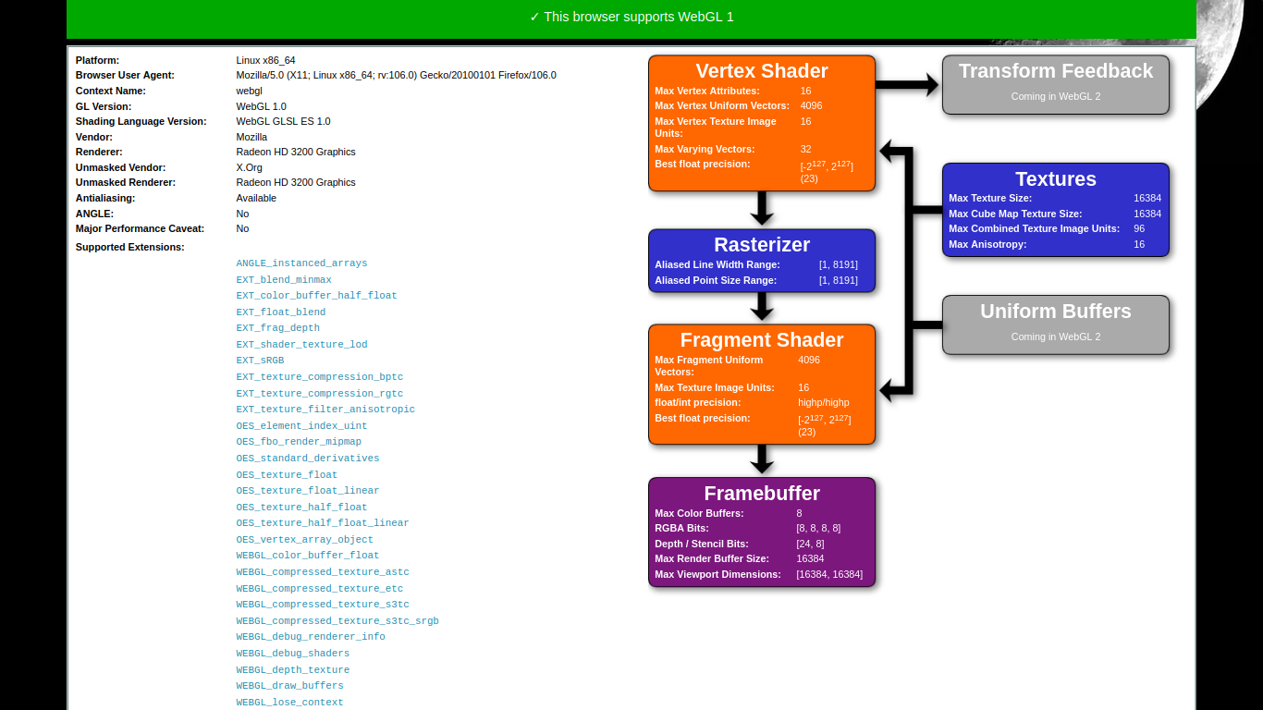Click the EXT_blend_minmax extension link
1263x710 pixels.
coord(284,280)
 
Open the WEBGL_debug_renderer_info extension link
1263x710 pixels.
coord(311,637)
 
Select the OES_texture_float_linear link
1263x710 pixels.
coord(307,491)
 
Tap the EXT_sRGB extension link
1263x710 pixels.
coord(260,361)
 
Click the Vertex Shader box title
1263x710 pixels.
coord(762,71)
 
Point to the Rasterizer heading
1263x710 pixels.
coord(762,245)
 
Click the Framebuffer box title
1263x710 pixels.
coord(762,494)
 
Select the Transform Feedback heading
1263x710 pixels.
coord(1056,71)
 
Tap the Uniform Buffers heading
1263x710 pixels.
coord(1056,312)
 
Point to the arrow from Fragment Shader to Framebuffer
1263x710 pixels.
coord(762,459)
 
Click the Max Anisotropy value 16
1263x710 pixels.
coord(1139,245)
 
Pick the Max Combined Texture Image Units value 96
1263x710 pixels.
coord(1139,229)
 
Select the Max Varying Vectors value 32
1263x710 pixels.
coord(805,150)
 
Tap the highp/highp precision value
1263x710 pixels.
coord(823,403)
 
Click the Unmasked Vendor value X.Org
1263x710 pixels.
coord(249,167)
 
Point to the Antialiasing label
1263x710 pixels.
coord(105,198)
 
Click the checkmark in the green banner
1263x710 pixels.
coord(534,17)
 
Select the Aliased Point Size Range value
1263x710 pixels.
coord(838,280)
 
